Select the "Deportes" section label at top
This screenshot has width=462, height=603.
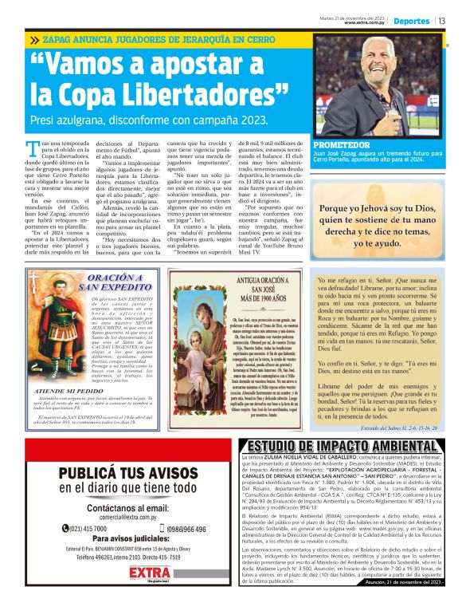[x=412, y=21]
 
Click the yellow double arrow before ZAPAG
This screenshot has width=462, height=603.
[x=34, y=39]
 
